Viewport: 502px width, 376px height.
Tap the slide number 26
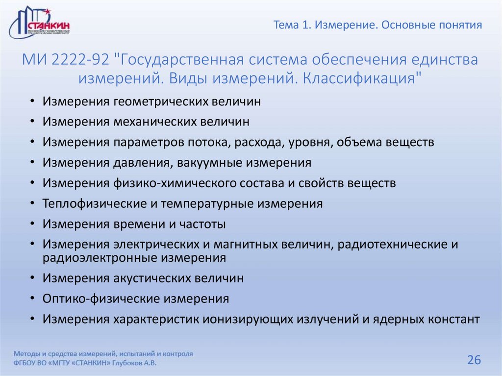(474, 360)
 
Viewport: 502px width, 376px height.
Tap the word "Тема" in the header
(287, 25)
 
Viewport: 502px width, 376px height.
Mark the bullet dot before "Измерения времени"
(32, 224)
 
